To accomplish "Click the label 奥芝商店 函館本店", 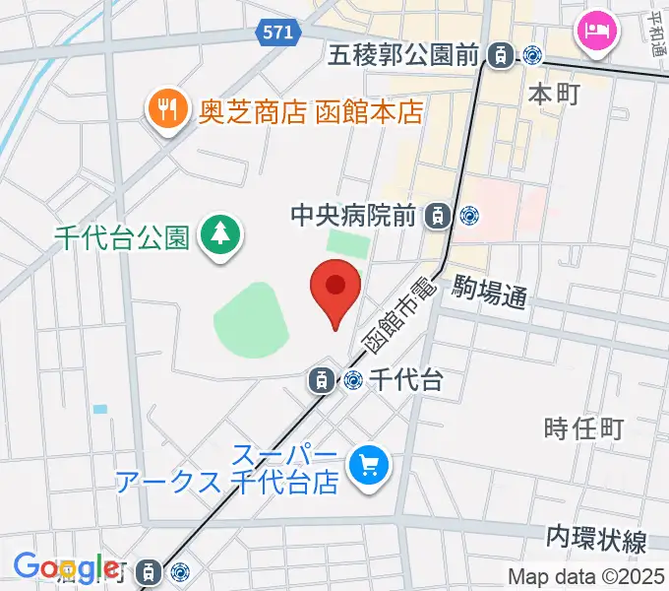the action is [312, 110].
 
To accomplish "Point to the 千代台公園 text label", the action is [123, 237].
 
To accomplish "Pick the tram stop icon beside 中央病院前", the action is [438, 214].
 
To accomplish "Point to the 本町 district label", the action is [554, 94].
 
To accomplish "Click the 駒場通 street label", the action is [491, 293].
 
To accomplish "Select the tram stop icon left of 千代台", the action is [321, 378].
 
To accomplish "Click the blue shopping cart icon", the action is [373, 463].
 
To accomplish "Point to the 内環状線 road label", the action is [596, 540].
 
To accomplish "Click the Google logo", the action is [66, 568].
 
